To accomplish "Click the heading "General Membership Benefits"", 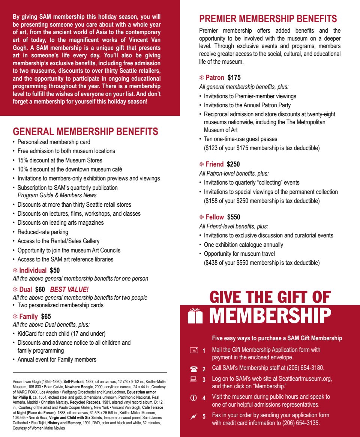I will click(x=85, y=132).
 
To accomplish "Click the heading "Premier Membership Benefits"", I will click(x=268, y=19).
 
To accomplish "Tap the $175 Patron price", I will click(x=234, y=78).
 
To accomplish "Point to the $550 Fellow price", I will click(x=234, y=217).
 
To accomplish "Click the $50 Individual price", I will click(x=55, y=270).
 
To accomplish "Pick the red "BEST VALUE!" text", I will click(x=69, y=289).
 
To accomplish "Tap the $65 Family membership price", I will click(x=46, y=317).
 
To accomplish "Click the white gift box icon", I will click(x=195, y=315).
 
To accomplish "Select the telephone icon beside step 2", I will click(x=193, y=369).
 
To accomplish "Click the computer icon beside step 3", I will click(x=193, y=379).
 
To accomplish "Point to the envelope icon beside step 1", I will click(x=193, y=350).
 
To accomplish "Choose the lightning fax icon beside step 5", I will click(x=193, y=416).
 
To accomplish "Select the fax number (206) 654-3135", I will click(x=296, y=423).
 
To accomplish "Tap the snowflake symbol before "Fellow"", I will click(x=201, y=217).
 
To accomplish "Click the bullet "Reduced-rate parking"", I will click(x=43, y=232).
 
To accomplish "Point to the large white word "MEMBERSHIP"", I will click(x=270, y=315).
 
